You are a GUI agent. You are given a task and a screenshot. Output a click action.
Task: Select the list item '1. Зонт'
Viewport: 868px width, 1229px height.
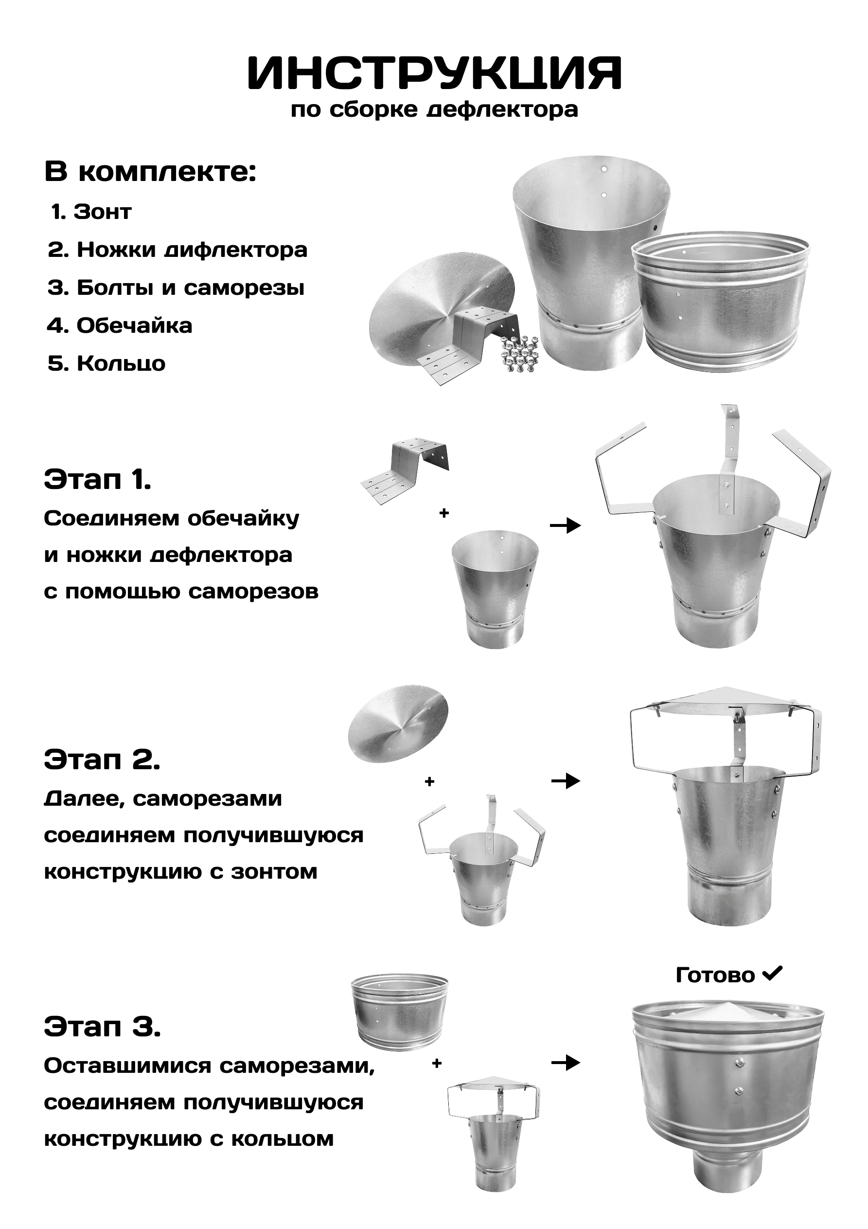point(91,212)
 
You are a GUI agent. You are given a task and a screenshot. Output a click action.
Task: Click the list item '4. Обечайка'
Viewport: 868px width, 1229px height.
point(120,325)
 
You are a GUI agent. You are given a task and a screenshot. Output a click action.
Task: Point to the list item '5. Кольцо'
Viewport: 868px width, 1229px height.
point(106,363)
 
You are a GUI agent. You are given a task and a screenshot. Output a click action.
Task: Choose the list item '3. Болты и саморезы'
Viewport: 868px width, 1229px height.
point(176,288)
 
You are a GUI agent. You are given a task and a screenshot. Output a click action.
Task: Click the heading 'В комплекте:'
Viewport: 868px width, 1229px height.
point(150,172)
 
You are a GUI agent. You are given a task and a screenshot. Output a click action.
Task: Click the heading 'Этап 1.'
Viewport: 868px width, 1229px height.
point(97,479)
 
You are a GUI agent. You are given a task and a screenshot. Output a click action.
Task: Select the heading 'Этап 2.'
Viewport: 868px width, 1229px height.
point(102,759)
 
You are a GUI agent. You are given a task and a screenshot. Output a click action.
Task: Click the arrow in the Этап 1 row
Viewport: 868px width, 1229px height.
point(565,525)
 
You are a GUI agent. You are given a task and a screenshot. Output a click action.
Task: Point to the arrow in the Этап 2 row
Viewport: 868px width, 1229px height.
point(566,781)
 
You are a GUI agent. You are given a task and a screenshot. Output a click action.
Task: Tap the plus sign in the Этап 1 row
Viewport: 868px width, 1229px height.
point(443,513)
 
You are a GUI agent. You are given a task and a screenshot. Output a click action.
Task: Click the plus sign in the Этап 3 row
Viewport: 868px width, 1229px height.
point(437,1063)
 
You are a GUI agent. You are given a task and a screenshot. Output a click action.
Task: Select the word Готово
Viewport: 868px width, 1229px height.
point(715,976)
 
